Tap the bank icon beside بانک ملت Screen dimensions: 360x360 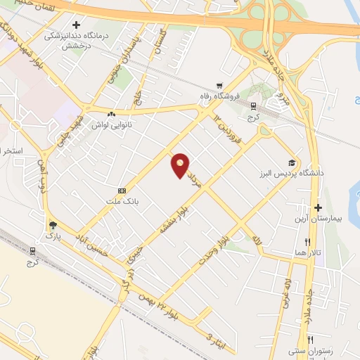[122, 191]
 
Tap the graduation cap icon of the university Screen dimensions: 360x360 [290, 162]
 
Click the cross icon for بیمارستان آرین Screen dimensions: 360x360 [319, 208]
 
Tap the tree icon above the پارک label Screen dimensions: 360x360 [53, 225]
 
